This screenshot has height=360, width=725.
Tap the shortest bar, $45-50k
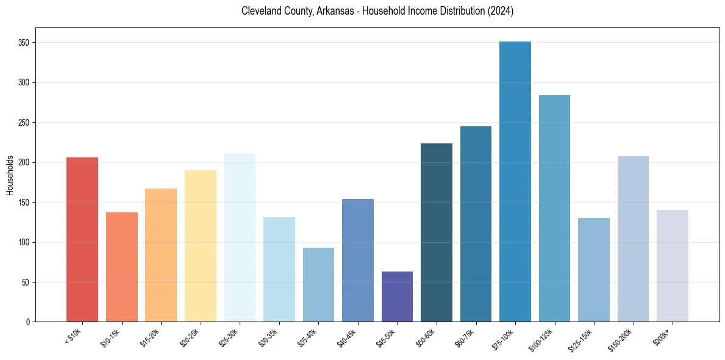coord(397,297)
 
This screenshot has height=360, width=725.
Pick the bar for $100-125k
coord(554,208)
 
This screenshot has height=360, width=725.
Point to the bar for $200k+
coord(673,265)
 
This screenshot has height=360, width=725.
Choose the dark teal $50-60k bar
coord(437,232)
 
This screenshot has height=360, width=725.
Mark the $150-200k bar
coord(633,239)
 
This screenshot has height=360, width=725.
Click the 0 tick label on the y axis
coord(29,322)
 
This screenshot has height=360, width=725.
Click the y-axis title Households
coord(10,175)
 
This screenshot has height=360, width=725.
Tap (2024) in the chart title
coord(499,11)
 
